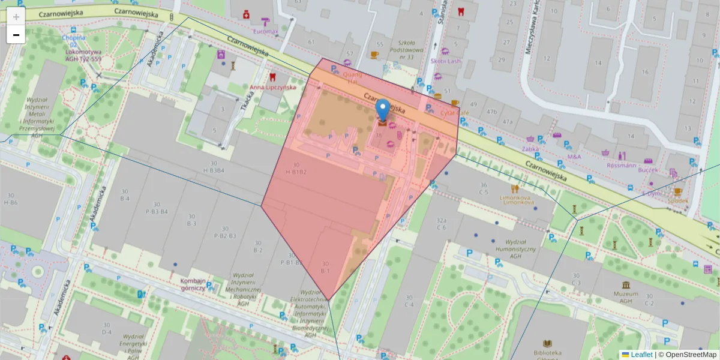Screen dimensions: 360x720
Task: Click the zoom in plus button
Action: tap(16, 17)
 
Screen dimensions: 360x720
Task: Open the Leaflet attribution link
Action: tap(641, 355)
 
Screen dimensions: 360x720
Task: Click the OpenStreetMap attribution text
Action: tap(690, 355)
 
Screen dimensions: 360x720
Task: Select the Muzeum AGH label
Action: tap(626, 294)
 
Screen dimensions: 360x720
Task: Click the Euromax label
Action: tap(266, 31)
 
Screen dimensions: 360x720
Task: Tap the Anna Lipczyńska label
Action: tap(273, 87)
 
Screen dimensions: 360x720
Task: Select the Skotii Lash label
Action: tap(445, 61)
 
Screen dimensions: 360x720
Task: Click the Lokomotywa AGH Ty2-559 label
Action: tap(83, 55)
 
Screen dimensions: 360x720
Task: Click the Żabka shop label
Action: tap(530, 149)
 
